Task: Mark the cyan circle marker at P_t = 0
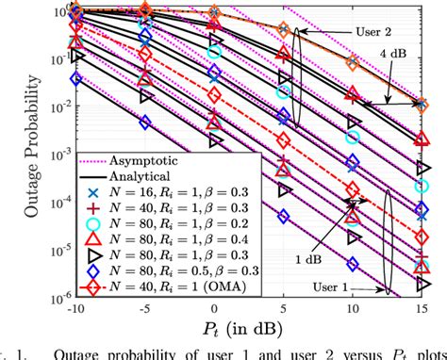(x=214, y=53)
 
